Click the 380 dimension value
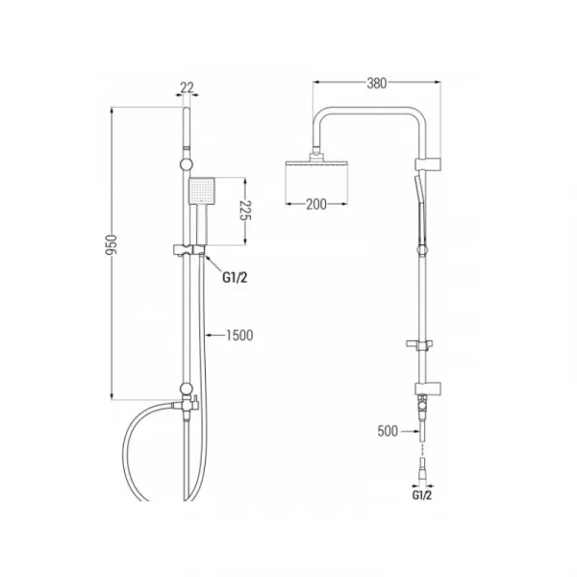[376, 83]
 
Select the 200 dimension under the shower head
[316, 204]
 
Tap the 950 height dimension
[111, 244]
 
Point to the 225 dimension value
[245, 211]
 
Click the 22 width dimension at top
[187, 88]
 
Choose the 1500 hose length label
[239, 336]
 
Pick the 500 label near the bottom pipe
[388, 431]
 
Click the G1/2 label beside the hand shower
[235, 277]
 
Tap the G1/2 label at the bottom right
[422, 495]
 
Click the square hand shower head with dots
[201, 190]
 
